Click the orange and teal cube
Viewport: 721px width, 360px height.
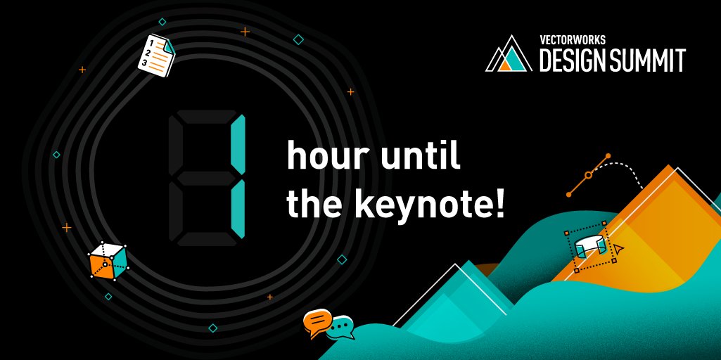tap(108, 260)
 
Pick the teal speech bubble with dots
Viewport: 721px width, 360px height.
tap(342, 327)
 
